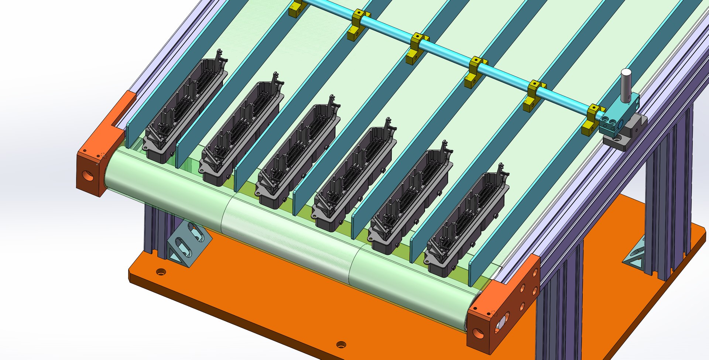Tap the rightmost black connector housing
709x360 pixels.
[467, 223]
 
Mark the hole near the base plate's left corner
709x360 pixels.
[161, 272]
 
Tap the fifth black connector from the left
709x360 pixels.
[412, 201]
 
